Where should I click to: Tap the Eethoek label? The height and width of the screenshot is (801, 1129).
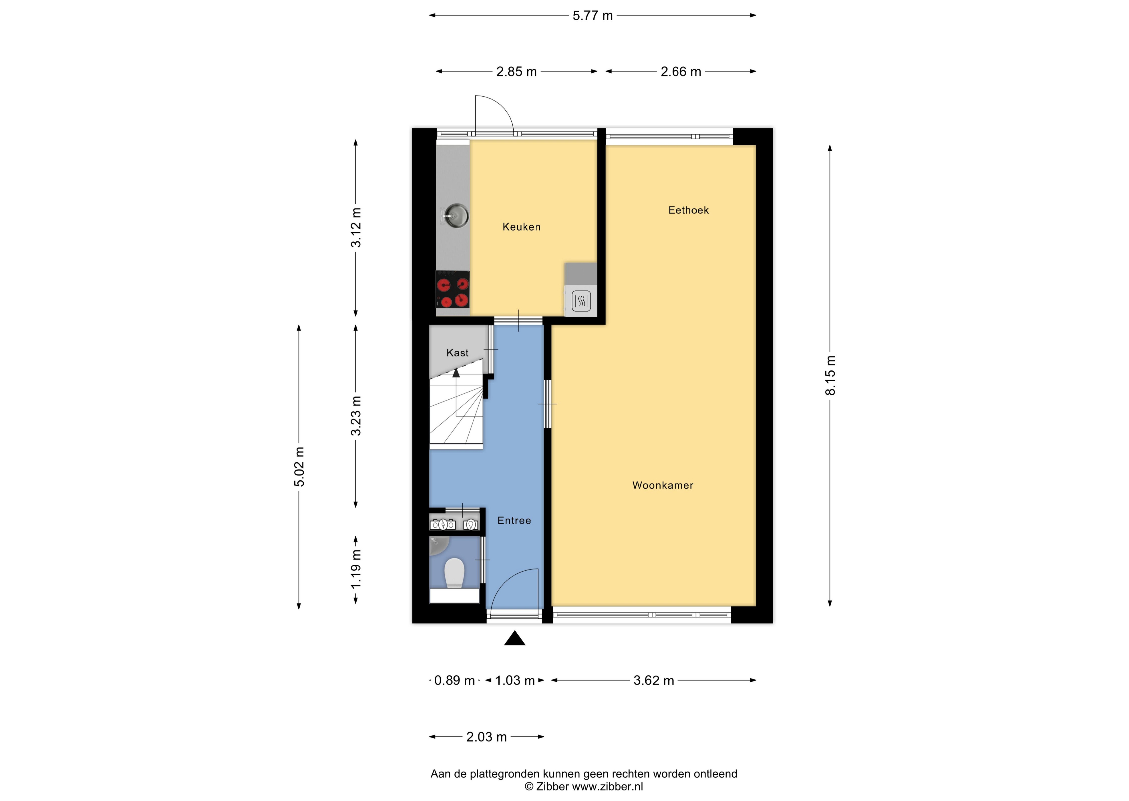point(688,210)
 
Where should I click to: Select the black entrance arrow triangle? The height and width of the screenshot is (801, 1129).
point(515,639)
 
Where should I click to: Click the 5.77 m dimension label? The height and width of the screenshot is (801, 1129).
point(592,16)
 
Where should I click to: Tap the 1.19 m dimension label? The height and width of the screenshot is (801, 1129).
point(356,569)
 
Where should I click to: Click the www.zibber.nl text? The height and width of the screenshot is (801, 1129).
point(607,787)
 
